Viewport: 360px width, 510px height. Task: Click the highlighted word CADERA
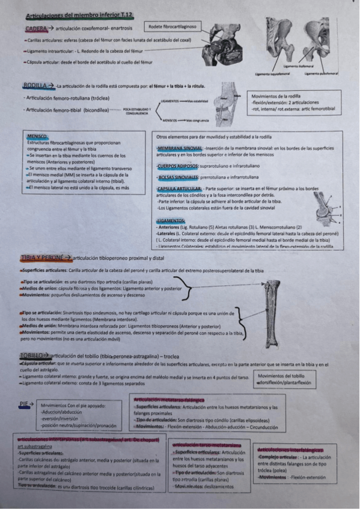[35, 28]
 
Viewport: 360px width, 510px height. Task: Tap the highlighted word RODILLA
[34, 86]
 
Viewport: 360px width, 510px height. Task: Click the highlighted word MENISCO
[37, 137]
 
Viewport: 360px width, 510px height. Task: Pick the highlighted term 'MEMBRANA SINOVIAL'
[179, 147]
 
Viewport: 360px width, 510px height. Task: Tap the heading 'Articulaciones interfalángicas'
[290, 449]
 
